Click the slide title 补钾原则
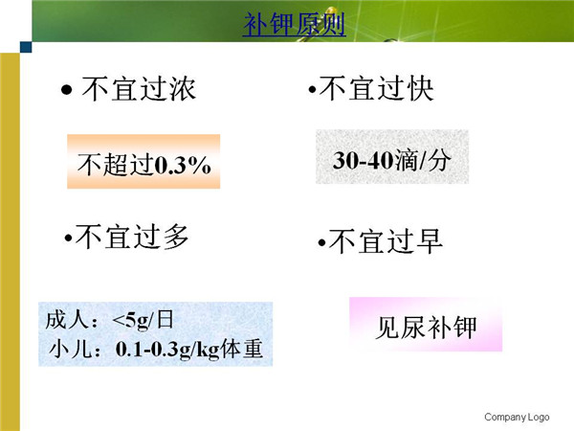[295, 24]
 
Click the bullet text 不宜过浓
[139, 89]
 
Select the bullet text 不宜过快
[376, 88]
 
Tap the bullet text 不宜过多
[132, 237]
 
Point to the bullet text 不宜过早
[386, 240]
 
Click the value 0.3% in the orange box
[183, 165]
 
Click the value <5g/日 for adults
[143, 320]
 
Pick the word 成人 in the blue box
[67, 320]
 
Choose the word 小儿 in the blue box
[70, 349]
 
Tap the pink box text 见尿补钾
[426, 327]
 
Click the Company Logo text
[517, 417]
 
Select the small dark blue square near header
[26, 47]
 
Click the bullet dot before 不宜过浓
[67, 89]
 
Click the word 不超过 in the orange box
[116, 165]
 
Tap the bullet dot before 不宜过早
[321, 242]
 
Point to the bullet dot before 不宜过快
[312, 89]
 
